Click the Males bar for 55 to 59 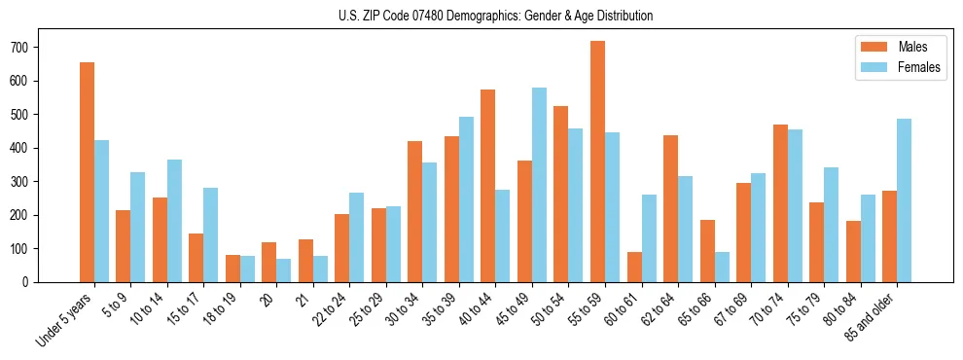[x=597, y=162]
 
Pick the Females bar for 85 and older [x=904, y=200]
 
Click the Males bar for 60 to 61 [x=634, y=267]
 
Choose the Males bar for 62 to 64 [x=670, y=208]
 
